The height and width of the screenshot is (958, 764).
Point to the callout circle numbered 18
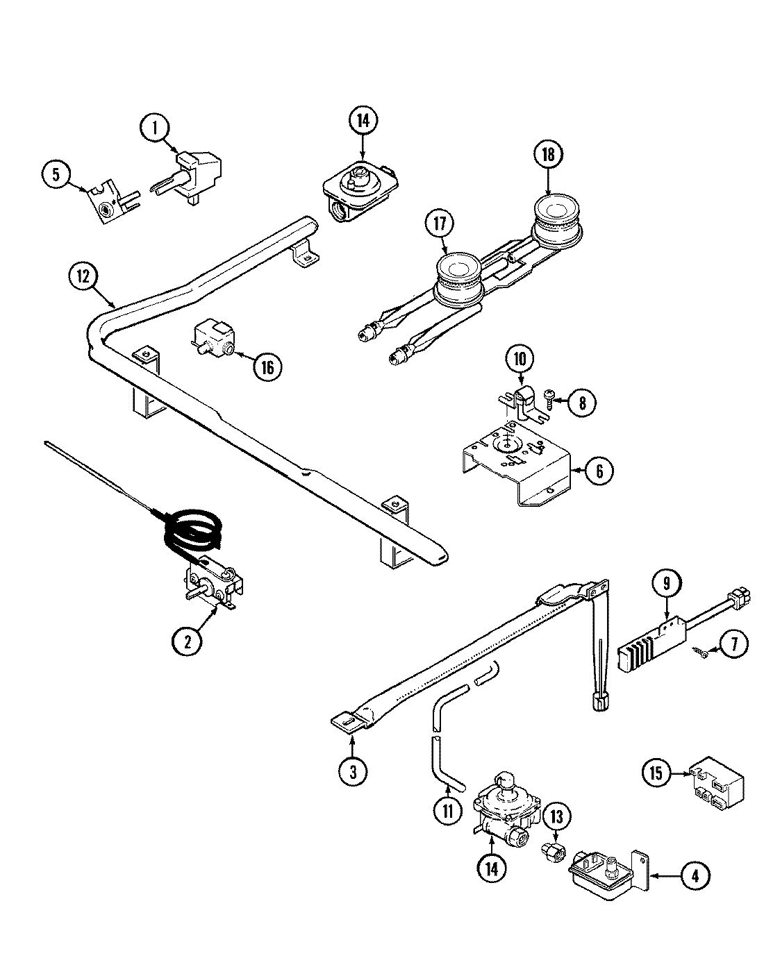click(549, 155)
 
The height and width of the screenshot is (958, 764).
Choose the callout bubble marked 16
click(267, 367)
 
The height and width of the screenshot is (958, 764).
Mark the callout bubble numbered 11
click(448, 809)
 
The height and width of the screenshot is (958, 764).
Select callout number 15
click(658, 772)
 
